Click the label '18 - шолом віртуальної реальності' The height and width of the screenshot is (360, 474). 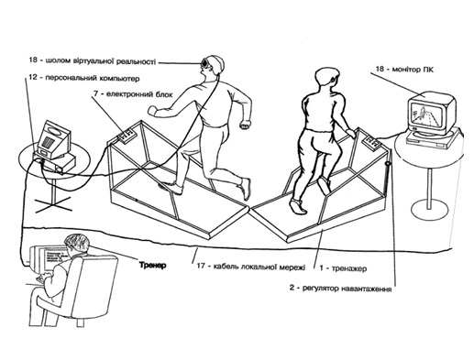click(93, 60)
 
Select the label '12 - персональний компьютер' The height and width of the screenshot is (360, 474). click(84, 78)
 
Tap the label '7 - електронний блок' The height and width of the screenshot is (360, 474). click(133, 93)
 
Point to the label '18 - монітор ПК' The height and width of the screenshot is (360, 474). click(404, 69)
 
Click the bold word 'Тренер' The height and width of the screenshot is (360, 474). click(153, 265)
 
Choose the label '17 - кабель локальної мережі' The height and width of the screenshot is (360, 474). click(251, 266)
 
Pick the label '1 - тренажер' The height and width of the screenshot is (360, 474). click(343, 268)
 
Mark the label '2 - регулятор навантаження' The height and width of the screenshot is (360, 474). click(340, 289)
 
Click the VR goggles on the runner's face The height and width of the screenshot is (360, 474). click(204, 62)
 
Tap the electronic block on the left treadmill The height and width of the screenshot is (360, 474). click(127, 135)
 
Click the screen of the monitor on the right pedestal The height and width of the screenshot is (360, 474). click(425, 115)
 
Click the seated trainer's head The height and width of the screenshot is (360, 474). click(77, 244)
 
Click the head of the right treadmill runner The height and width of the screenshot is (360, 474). click(326, 79)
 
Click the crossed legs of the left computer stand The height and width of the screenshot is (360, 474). click(53, 204)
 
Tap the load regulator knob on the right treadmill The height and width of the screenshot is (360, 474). click(388, 163)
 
